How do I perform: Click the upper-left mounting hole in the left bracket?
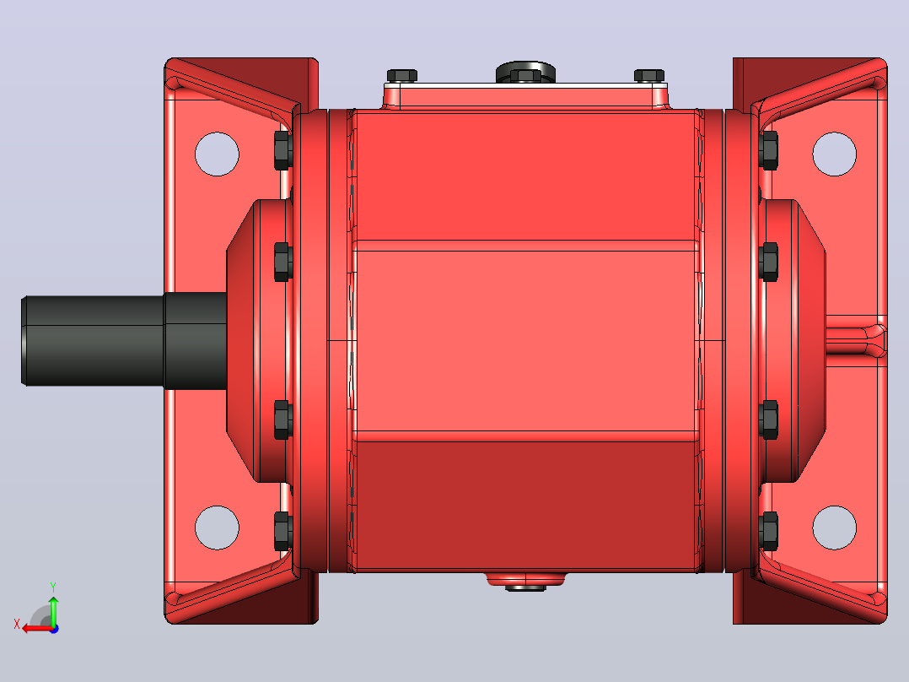(x=217, y=154)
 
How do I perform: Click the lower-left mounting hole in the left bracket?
(x=217, y=528)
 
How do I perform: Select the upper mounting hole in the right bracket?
(x=834, y=154)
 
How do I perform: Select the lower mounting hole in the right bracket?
(x=834, y=528)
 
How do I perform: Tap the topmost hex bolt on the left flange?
(x=283, y=150)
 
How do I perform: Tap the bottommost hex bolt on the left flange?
(x=283, y=531)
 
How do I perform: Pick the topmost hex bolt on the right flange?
(x=768, y=150)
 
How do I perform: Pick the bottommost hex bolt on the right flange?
(x=768, y=531)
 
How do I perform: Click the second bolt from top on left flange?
(x=283, y=262)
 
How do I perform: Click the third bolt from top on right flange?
(x=768, y=419)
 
